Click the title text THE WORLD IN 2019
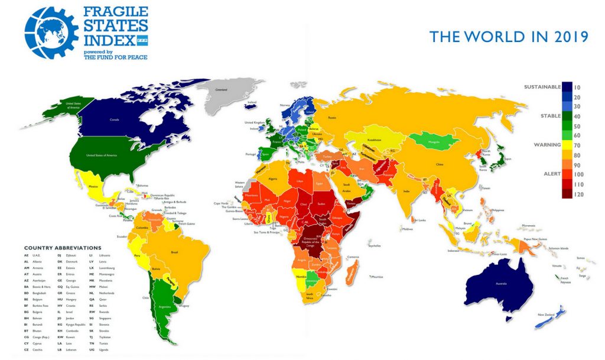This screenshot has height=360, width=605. [x=509, y=37]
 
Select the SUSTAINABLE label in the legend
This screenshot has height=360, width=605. [x=542, y=87]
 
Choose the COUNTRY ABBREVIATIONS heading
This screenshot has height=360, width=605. [x=63, y=248]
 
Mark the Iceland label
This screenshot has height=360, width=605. [x=252, y=102]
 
